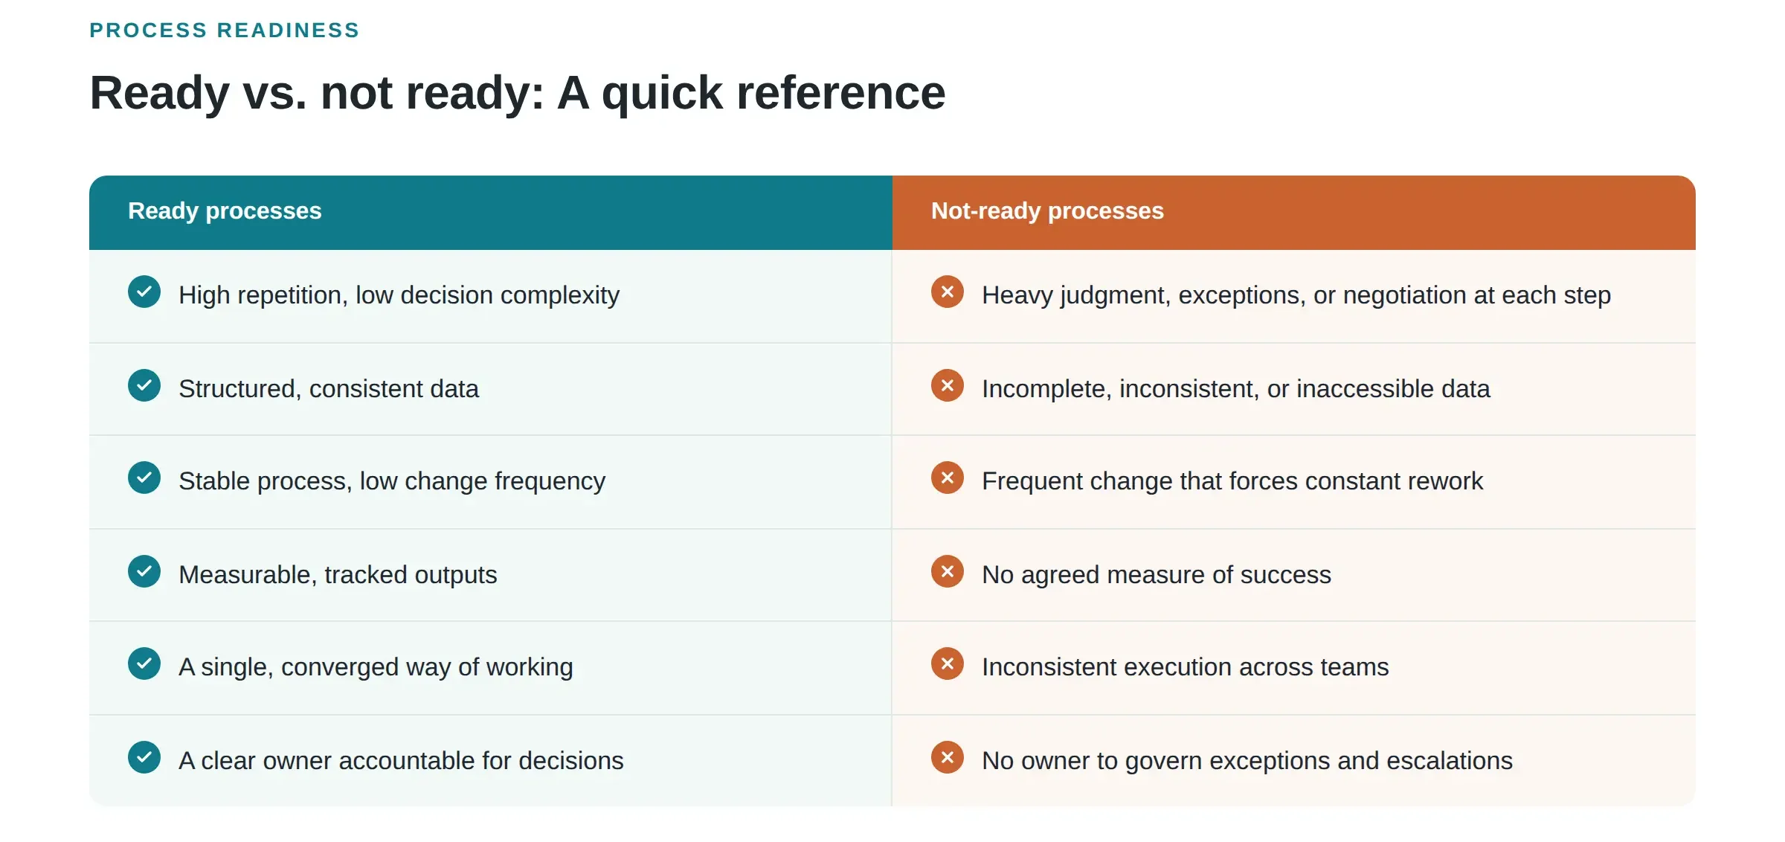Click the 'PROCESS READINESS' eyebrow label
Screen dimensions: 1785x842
pos(225,30)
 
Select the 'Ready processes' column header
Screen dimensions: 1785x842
pos(225,211)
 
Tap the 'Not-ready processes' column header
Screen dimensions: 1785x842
pos(1047,211)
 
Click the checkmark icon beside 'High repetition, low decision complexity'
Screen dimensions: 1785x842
pos(144,292)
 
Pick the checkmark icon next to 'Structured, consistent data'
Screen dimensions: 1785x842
pos(144,385)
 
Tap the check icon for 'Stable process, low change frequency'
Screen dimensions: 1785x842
pos(144,478)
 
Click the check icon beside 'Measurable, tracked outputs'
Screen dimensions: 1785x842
pos(144,571)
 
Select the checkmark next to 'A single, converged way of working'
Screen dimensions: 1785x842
pos(144,663)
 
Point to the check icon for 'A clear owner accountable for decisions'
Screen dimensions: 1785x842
pos(144,757)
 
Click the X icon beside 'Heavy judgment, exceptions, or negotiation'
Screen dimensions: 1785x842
pos(948,292)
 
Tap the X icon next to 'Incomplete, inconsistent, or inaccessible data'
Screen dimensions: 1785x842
pos(948,385)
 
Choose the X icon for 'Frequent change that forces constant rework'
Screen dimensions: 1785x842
pos(948,478)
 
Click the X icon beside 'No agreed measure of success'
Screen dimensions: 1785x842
pos(948,571)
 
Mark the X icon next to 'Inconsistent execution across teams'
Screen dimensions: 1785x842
pos(948,663)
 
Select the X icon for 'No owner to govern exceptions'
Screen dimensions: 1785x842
pos(948,757)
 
